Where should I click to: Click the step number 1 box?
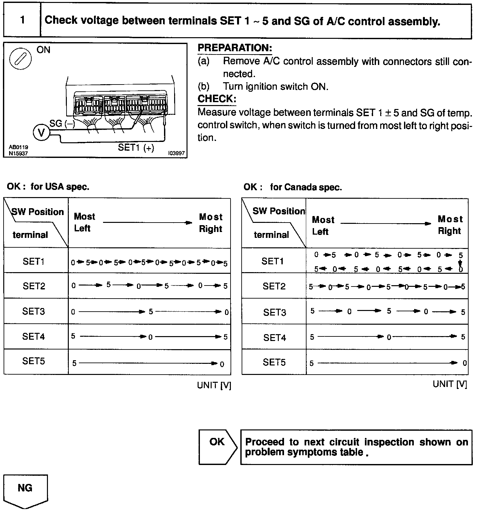click(x=22, y=20)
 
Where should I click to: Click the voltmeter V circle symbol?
click(x=41, y=133)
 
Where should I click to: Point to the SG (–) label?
click(x=62, y=124)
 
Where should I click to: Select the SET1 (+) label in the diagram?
click(x=136, y=147)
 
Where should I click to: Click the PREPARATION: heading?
click(x=235, y=48)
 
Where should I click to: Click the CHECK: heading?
click(x=217, y=99)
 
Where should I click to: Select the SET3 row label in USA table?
click(x=34, y=311)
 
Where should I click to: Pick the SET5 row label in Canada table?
click(x=274, y=362)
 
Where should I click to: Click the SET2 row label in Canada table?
click(x=274, y=286)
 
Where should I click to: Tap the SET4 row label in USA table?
click(x=34, y=336)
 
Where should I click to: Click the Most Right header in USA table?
click(x=211, y=223)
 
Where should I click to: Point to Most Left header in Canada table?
click(x=323, y=225)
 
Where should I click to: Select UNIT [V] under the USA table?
click(x=214, y=385)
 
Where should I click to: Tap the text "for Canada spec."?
click(x=306, y=187)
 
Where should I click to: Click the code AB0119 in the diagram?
click(x=18, y=147)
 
